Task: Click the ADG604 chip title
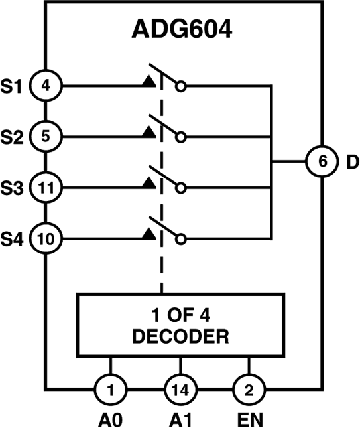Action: pyautogui.click(x=180, y=31)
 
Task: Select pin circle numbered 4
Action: pyautogui.click(x=45, y=85)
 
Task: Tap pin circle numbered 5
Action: pyautogui.click(x=45, y=137)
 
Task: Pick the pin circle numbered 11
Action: pyautogui.click(x=45, y=188)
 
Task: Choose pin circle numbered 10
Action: pyautogui.click(x=45, y=237)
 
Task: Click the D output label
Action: pyautogui.click(x=351, y=161)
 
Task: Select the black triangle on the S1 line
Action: pyautogui.click(x=147, y=82)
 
